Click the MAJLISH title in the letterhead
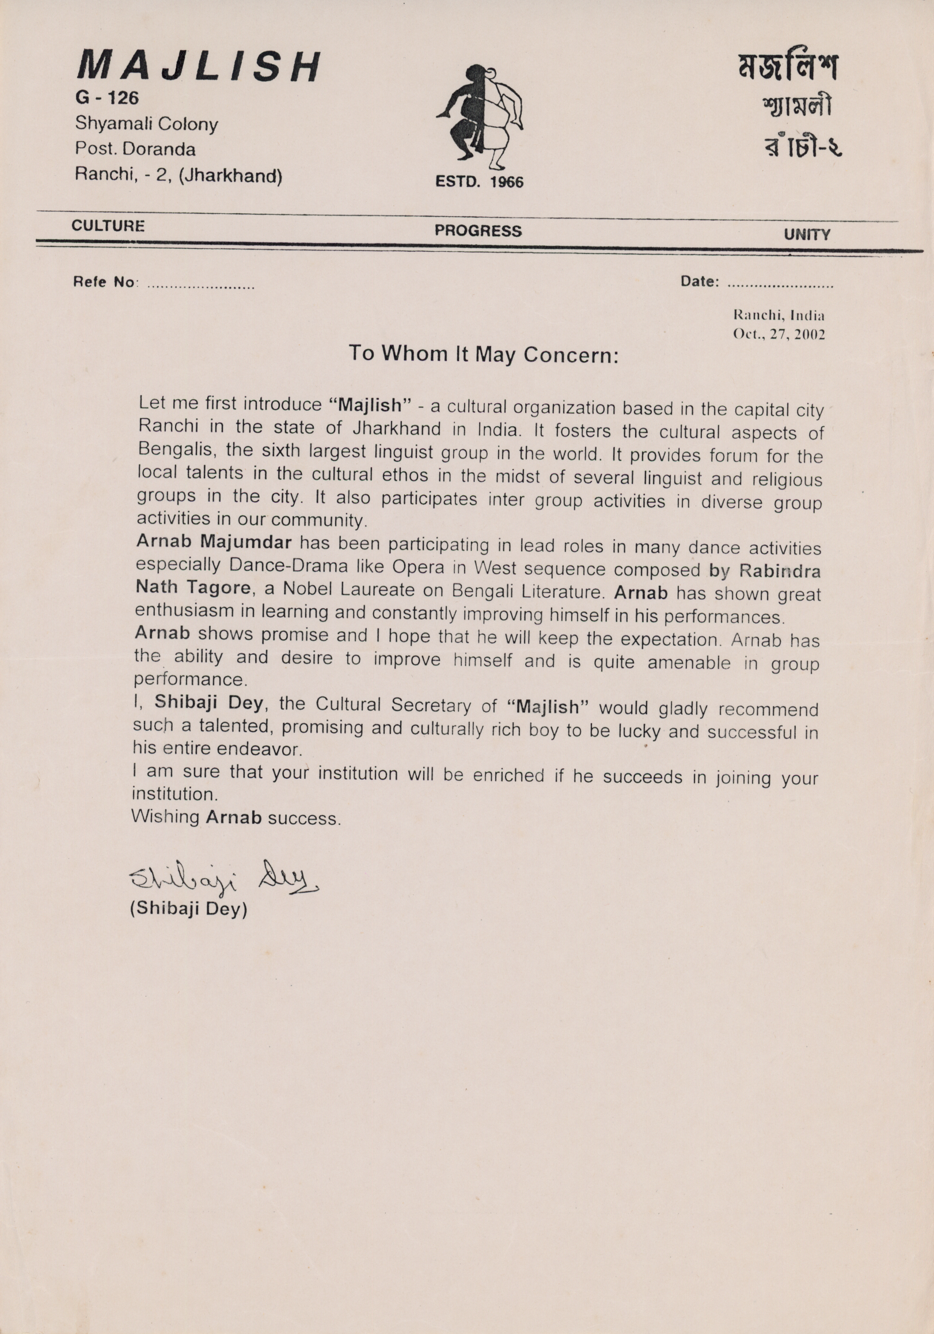coord(198,65)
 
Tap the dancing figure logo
coord(479,112)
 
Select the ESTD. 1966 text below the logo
coord(479,182)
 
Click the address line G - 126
coord(107,97)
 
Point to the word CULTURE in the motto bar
coord(108,225)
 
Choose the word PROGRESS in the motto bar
coord(478,230)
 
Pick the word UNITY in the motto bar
coord(807,235)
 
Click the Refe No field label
coord(105,282)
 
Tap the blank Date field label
coord(700,282)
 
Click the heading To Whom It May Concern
coord(483,354)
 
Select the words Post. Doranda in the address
coord(135,149)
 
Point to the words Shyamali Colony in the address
coord(146,124)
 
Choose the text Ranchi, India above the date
coord(780,316)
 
